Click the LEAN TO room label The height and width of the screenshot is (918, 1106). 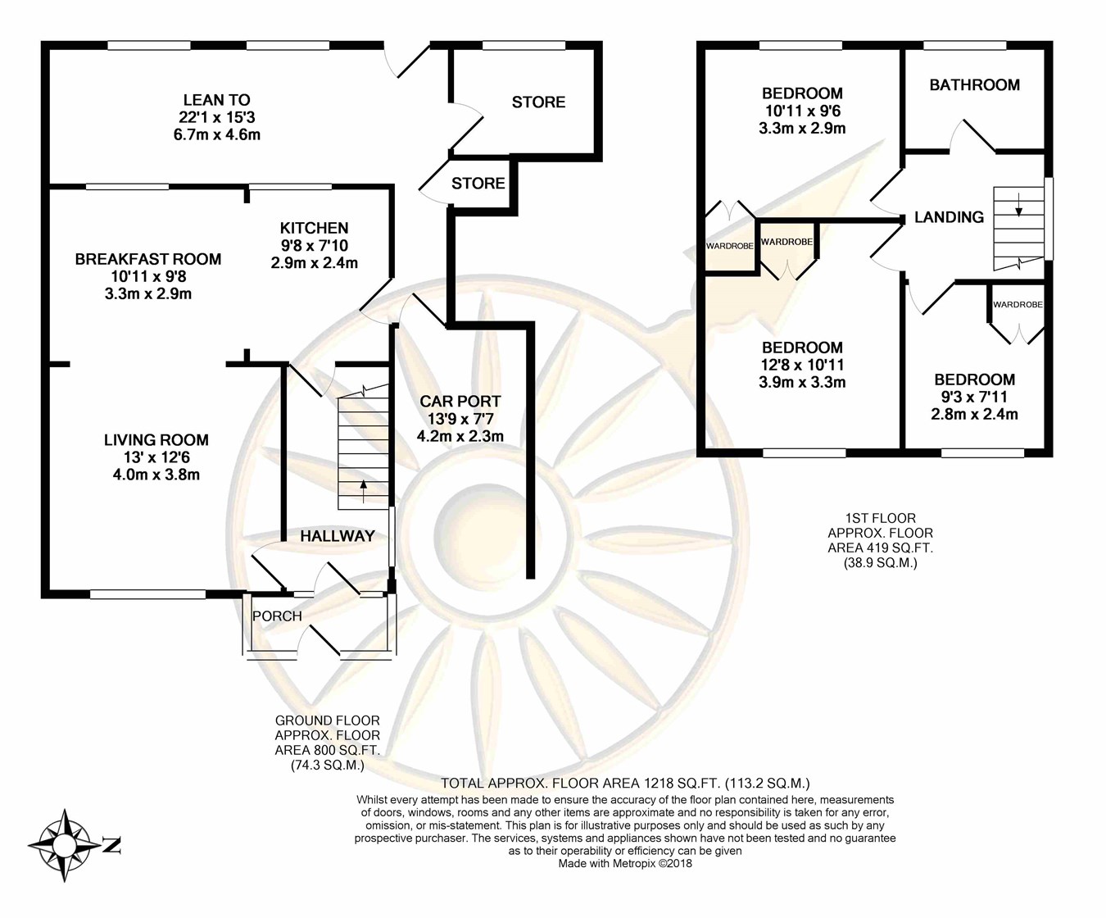216,100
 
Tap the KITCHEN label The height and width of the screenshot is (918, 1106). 314,228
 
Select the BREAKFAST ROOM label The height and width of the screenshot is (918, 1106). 147,259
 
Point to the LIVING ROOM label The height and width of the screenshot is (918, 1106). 156,440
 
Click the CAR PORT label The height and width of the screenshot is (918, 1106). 460,402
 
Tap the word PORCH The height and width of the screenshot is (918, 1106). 277,616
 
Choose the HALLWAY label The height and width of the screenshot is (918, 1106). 338,536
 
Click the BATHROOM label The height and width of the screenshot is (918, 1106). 975,84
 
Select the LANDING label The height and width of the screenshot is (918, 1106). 950,216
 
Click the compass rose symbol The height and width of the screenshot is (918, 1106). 65,845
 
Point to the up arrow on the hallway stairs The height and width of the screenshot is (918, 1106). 364,491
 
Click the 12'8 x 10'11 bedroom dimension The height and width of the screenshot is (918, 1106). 803,365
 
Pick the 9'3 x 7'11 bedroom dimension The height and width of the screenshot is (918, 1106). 975,397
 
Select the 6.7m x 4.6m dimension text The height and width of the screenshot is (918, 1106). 216,134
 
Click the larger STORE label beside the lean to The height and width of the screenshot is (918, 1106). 538,102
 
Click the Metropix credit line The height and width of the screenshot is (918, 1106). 625,863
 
